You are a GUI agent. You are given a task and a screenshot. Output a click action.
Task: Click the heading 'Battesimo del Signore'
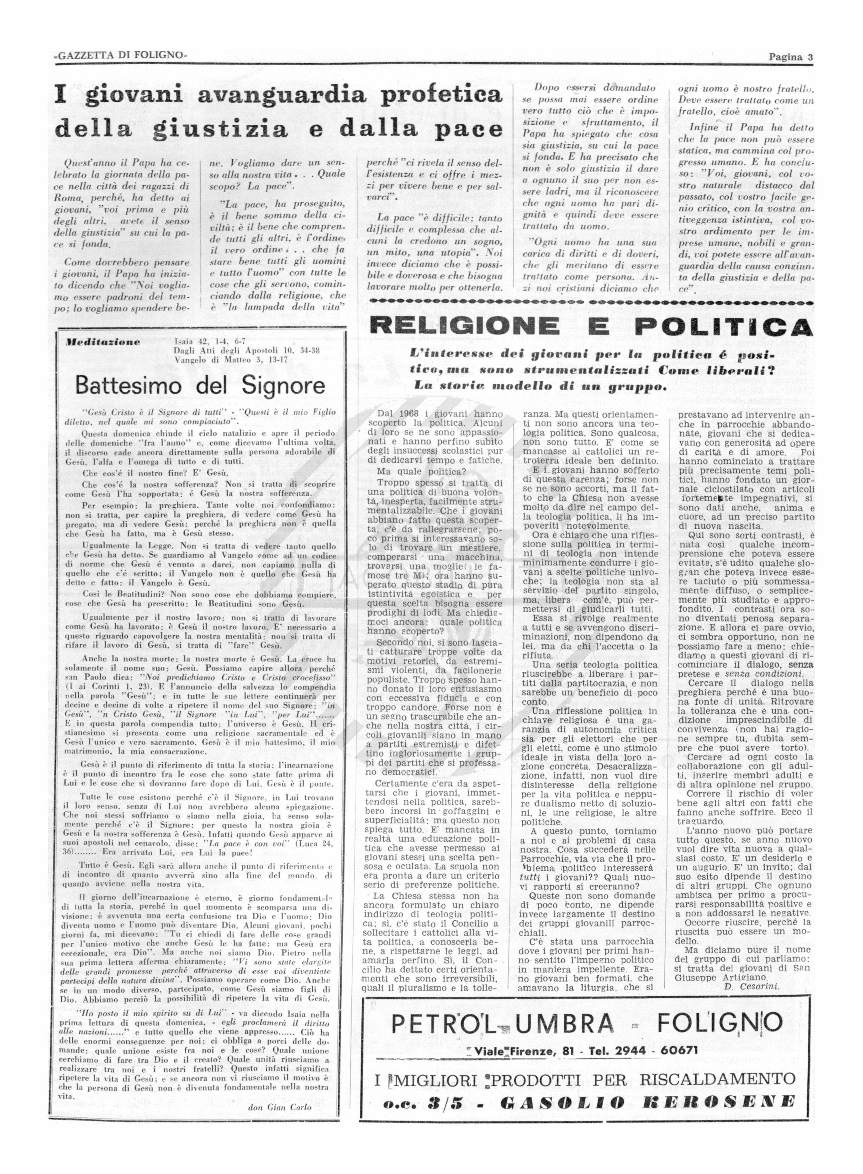tap(200, 385)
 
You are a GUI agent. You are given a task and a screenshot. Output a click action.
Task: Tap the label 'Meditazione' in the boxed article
tap(104, 342)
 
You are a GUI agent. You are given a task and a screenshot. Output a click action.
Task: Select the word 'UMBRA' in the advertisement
tap(571, 1023)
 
